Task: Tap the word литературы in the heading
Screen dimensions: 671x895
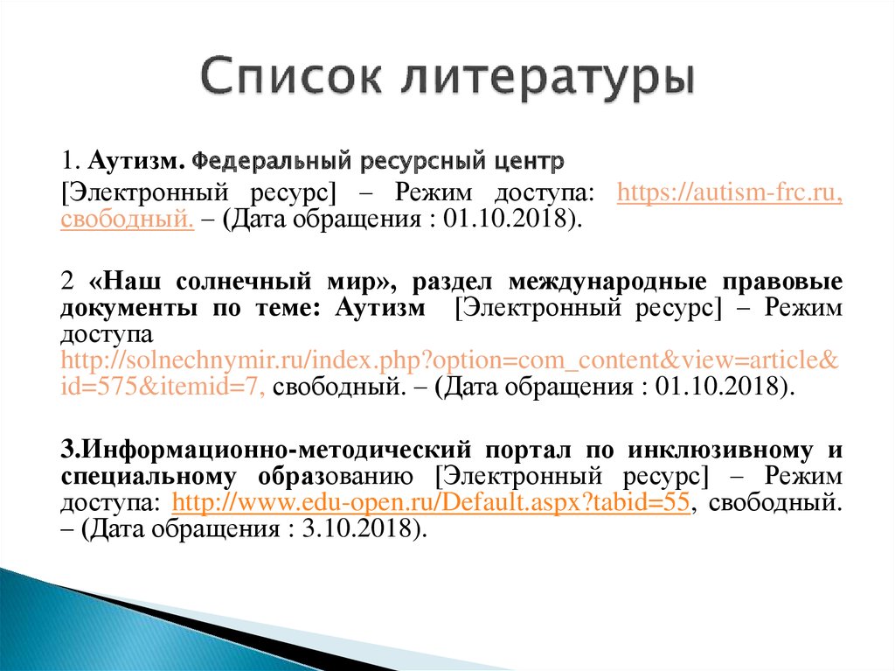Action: click(547, 78)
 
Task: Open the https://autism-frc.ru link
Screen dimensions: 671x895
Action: click(728, 192)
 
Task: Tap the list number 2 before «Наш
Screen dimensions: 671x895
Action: click(67, 283)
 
